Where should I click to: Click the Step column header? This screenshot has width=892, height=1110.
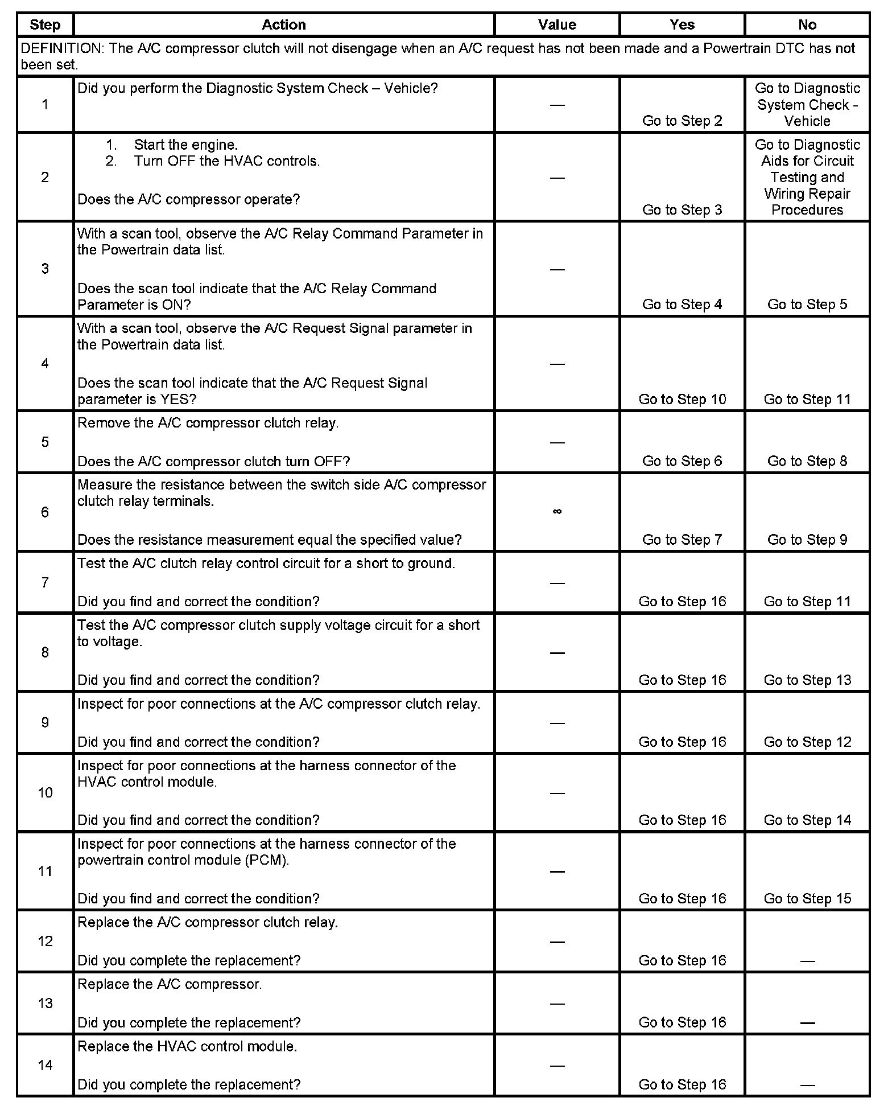click(45, 24)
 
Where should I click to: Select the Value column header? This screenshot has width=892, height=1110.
click(557, 24)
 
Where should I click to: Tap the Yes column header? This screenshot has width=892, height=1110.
click(682, 24)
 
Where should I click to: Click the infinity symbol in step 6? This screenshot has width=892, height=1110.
click(557, 512)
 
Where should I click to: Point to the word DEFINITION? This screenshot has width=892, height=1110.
click(61, 48)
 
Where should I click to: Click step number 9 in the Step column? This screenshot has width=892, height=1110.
click(45, 722)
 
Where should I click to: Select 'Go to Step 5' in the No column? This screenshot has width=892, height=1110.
click(807, 304)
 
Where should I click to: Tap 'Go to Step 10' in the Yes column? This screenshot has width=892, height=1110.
click(682, 399)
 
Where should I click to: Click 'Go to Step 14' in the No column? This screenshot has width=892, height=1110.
click(807, 820)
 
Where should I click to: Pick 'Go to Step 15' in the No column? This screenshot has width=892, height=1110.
click(807, 898)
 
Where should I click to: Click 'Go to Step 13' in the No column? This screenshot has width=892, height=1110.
click(807, 680)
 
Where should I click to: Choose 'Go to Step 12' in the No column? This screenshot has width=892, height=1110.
click(807, 742)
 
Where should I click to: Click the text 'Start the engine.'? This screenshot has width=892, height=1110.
click(185, 145)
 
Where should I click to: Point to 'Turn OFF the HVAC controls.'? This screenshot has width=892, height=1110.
click(226, 161)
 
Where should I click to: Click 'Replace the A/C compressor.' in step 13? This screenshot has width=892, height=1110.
click(170, 984)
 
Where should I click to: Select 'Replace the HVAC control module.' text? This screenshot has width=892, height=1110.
click(187, 1046)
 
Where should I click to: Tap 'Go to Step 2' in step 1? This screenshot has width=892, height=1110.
click(682, 121)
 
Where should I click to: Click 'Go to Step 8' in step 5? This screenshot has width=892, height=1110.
click(807, 461)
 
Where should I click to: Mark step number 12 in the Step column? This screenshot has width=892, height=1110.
click(45, 941)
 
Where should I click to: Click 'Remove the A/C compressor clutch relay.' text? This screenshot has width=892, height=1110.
click(208, 423)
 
